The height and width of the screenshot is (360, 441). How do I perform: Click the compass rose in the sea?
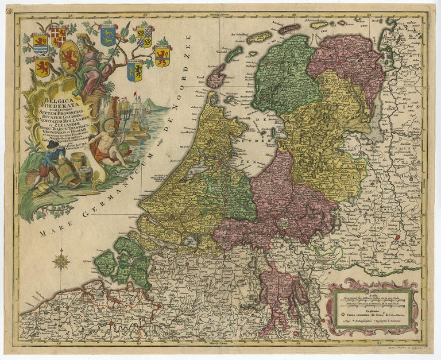tap(61, 262)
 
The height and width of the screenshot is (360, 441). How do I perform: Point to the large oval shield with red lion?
tap(70, 56)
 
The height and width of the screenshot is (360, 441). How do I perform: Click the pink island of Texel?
tap(216, 75)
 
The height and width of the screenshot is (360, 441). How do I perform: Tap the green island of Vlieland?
tap(234, 54)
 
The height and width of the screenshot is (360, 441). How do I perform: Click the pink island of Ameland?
tap(289, 28)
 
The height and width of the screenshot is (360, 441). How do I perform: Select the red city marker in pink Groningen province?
tap(343, 57)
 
